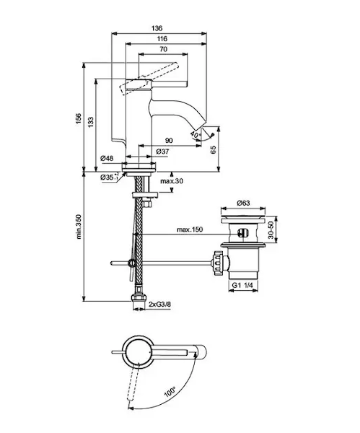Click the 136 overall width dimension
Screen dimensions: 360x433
tap(157, 28)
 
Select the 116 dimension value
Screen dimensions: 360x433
tap(162, 39)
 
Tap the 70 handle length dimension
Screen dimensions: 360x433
tap(164, 49)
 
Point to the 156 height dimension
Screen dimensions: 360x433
tap(79, 119)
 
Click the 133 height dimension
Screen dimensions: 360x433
tap(91, 123)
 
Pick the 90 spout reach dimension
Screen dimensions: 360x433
tap(169, 141)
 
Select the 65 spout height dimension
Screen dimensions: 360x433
tap(214, 149)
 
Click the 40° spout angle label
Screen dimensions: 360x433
tap(196, 135)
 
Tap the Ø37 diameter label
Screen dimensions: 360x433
tap(162, 152)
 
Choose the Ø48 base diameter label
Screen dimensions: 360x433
tap(107, 159)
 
